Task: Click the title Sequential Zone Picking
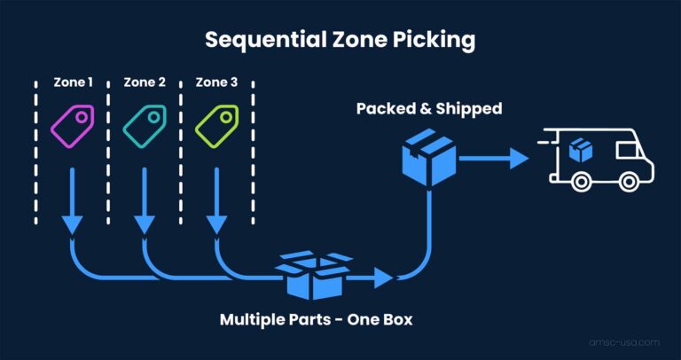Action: (x=340, y=40)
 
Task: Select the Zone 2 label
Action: (x=144, y=82)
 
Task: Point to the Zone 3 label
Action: (x=217, y=82)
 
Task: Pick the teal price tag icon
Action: (x=145, y=126)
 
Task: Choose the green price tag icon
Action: (x=217, y=126)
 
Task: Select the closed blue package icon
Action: (x=429, y=157)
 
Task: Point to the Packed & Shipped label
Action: (x=429, y=109)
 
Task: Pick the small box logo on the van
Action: (x=582, y=150)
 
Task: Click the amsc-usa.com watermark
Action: (x=625, y=340)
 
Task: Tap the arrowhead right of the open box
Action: (x=383, y=278)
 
